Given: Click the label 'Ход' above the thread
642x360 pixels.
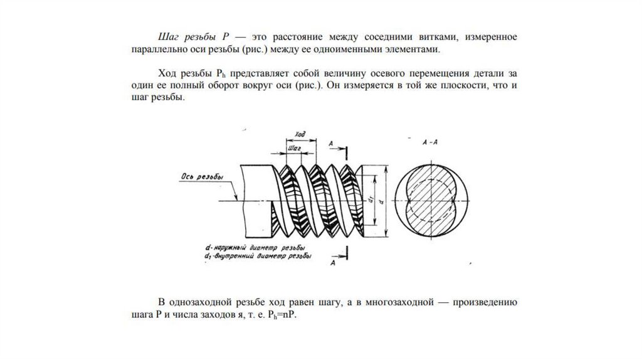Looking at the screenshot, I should click(x=299, y=134).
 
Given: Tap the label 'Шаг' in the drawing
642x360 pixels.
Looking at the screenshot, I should click(x=295, y=147).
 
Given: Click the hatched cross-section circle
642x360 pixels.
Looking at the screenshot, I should click(x=430, y=198).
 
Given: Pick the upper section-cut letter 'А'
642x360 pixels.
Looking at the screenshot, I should click(x=330, y=144).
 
